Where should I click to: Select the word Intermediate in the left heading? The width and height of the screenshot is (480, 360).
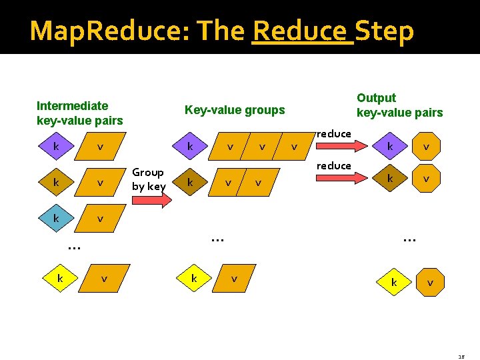point(72,105)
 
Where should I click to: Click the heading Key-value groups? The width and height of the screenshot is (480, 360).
point(234,110)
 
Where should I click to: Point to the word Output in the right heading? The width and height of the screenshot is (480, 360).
point(376,98)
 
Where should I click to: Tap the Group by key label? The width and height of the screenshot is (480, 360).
point(148,179)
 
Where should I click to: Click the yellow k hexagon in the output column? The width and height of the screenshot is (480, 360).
point(394,283)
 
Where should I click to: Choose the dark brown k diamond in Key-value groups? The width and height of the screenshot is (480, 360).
point(190,181)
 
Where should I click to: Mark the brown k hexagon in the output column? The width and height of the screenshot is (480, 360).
point(391,178)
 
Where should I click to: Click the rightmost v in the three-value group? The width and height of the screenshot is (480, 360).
point(294,146)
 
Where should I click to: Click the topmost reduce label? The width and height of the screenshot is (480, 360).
point(333,134)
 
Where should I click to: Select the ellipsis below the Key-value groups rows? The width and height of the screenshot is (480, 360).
point(217,236)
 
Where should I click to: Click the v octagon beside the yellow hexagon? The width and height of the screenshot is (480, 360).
point(430,283)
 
